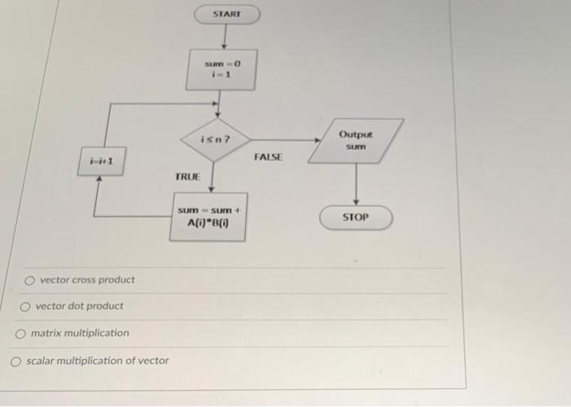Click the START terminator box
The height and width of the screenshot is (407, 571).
226,15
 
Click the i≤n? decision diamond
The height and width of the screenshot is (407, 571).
214,139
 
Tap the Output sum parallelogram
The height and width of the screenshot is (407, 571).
356,140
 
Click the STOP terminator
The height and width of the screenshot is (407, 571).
356,218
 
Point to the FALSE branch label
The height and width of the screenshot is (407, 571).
268,156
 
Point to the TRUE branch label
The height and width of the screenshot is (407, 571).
188,176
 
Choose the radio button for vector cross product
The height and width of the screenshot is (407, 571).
30,280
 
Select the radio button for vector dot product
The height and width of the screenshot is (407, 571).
26,307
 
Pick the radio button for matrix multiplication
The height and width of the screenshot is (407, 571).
21,334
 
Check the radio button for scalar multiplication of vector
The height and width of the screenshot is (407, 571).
16,361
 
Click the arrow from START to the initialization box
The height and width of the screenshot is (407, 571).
224,38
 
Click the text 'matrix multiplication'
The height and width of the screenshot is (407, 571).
80,333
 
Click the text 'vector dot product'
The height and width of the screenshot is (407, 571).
79,306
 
